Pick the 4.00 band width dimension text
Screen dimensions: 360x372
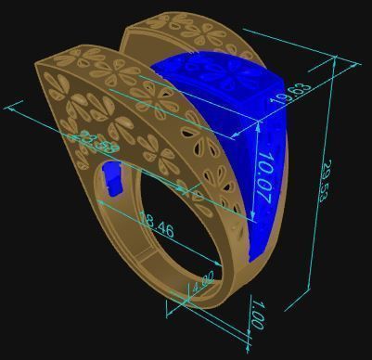205,282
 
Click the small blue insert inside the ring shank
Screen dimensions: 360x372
112,178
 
